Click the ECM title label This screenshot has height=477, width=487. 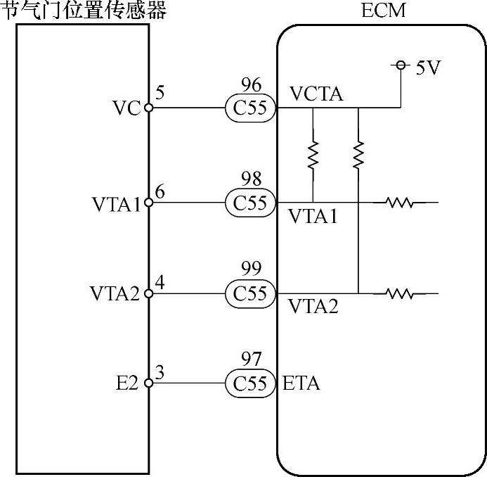point(384,11)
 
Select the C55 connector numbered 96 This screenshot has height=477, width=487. point(250,108)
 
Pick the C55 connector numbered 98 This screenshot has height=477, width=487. point(250,203)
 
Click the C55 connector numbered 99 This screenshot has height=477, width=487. point(250,293)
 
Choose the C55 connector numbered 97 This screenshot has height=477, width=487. point(250,383)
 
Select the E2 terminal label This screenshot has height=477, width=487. point(129,383)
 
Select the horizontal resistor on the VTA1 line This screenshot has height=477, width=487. point(399,203)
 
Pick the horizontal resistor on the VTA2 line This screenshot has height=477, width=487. point(399,293)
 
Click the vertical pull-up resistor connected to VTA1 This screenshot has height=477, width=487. point(312,155)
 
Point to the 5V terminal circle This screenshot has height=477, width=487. point(401,65)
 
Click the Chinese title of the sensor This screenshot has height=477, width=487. point(84,11)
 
